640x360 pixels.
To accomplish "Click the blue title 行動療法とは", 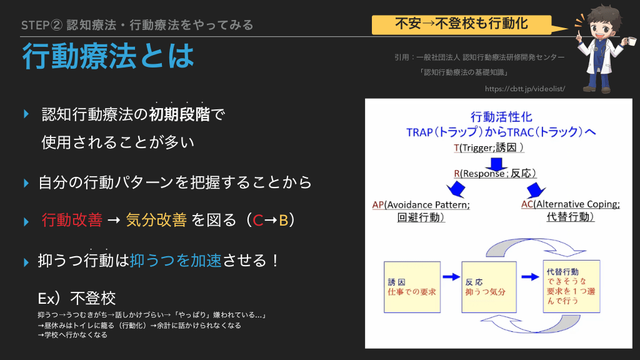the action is pos(108,56).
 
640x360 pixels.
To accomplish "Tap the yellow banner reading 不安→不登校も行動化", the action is pos(462,24).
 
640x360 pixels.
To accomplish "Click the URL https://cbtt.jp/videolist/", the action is pos(525,89).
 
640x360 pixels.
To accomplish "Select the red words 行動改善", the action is pos(72,220).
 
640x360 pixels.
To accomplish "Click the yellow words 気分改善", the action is pos(156,220).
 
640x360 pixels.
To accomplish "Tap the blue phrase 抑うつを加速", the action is pos(176,261).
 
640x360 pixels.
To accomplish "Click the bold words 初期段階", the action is pos(179,114).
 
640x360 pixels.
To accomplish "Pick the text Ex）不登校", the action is pos(77,298).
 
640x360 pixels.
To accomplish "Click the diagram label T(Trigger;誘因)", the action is pos(489,147).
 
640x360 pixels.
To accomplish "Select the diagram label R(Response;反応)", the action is pos(495,174).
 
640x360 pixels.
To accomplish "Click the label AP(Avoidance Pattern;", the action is pos(421,205).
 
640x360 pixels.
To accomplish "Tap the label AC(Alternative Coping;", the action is pos(570,204).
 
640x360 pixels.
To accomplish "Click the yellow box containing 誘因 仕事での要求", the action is pos(412,287).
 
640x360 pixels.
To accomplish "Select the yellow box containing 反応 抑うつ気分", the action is pos(489,287).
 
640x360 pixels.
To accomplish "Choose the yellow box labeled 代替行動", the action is pos(571,286).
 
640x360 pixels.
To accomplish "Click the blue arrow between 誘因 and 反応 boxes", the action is pos(451,277).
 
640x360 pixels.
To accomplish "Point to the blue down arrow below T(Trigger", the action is pos(496,164).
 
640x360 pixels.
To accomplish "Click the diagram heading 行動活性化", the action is pos(501,117).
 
